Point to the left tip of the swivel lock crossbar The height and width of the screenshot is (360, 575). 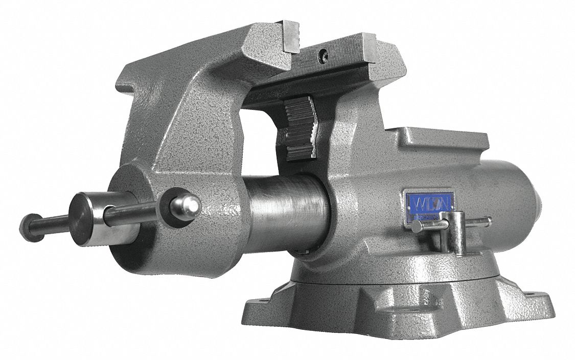(417, 227)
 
